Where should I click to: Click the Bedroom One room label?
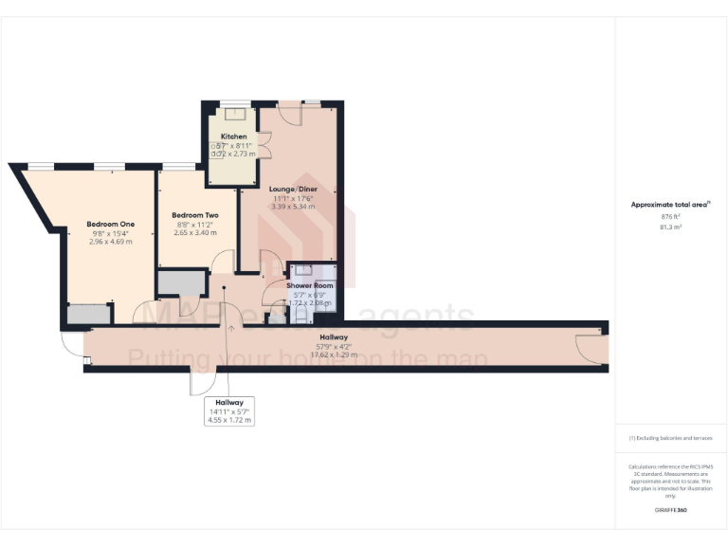(x=113, y=224)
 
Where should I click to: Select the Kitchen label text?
(x=233, y=136)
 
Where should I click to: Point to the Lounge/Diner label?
(x=294, y=190)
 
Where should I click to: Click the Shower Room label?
(x=310, y=285)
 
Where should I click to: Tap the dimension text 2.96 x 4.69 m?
(x=113, y=242)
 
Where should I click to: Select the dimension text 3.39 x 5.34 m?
(x=294, y=207)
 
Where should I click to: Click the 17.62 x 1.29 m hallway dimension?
(x=333, y=356)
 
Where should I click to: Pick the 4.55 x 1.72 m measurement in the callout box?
(x=230, y=420)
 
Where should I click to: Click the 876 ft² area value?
(x=670, y=216)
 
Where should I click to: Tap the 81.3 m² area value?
(x=670, y=227)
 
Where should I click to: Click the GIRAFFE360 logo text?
(x=670, y=511)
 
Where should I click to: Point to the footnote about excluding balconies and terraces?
(x=670, y=438)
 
